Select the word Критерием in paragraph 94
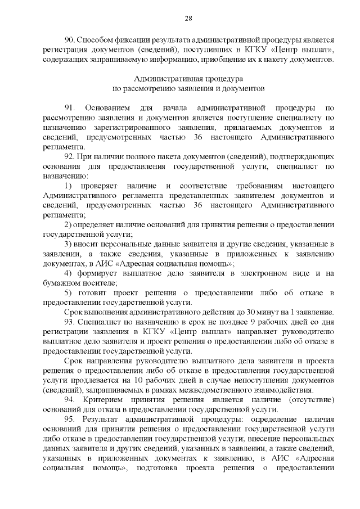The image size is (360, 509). (x=105, y=400)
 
